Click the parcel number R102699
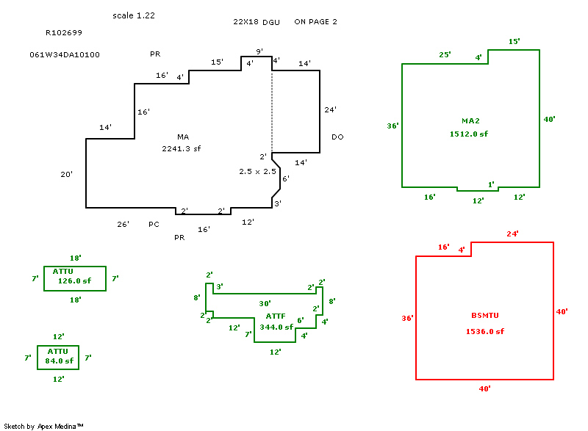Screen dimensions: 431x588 click(x=64, y=33)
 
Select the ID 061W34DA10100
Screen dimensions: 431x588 click(x=65, y=55)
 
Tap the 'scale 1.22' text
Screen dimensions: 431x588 click(x=134, y=15)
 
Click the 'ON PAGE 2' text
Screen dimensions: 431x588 click(x=315, y=22)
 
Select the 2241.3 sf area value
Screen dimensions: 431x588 click(x=182, y=148)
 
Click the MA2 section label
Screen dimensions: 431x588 click(x=470, y=120)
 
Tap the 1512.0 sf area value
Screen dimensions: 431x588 click(x=469, y=134)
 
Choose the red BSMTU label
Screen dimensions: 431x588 click(x=485, y=316)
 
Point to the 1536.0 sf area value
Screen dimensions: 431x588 click(x=485, y=332)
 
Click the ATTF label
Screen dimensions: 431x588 click(x=276, y=316)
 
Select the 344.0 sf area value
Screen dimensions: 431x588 click(x=276, y=327)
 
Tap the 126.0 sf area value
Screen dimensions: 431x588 click(x=74, y=280)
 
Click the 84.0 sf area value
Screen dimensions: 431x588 click(x=59, y=361)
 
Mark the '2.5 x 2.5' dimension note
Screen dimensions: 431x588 click(x=257, y=171)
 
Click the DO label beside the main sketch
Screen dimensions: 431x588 click(x=337, y=137)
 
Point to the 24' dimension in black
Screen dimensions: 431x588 click(x=331, y=110)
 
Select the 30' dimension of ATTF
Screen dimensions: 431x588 click(x=265, y=303)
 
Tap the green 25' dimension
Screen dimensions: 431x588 click(x=445, y=55)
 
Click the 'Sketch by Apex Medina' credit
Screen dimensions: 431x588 click(x=44, y=426)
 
